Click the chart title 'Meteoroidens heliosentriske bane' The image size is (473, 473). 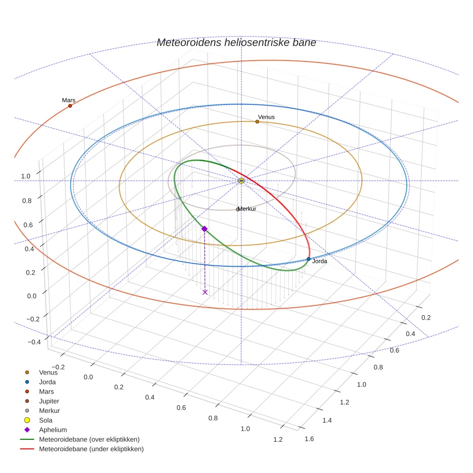tap(236, 43)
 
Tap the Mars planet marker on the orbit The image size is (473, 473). tap(70, 106)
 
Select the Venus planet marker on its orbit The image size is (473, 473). tap(257, 122)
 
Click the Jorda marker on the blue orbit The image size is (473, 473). tap(309, 259)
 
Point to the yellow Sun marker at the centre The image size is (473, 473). tap(241, 181)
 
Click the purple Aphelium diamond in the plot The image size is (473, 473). tap(204, 229)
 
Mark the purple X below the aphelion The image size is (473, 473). tap(205, 292)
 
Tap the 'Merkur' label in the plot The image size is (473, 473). tap(247, 209)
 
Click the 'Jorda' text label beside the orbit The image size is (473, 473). tap(320, 261)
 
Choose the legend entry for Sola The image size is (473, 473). tap(46, 420)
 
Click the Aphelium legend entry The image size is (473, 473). tap(52, 430)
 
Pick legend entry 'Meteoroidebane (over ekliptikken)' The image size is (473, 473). tap(89, 439)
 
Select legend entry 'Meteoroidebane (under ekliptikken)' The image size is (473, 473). tap(91, 449)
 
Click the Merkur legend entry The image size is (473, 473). tap(49, 411)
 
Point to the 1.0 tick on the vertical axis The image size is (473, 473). tap(25, 176)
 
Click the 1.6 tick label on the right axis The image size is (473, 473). tap(309, 438)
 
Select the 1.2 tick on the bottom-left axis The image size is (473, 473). tap(278, 439)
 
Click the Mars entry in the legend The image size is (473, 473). tap(46, 391)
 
